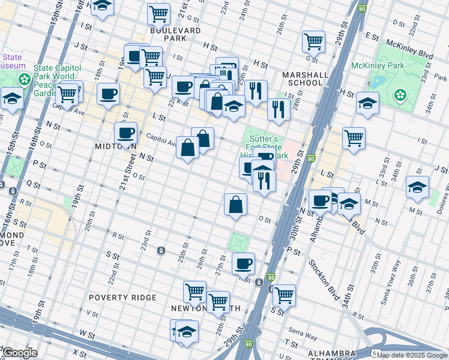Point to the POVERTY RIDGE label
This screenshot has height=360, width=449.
122,298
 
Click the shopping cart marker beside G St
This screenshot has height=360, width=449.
313,41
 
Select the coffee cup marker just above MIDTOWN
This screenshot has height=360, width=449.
125,133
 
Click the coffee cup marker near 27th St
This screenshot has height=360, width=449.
243,263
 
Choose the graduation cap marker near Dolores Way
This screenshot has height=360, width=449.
417,187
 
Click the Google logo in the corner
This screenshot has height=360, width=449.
20,353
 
